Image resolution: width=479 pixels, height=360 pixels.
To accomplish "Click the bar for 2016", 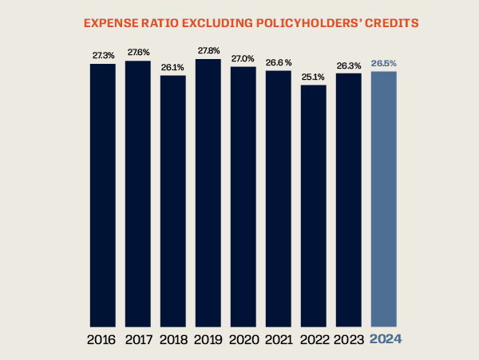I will click(102, 196).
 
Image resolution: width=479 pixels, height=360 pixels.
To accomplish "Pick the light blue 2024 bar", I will click(384, 200).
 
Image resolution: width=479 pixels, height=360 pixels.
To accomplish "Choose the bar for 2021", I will click(278, 199).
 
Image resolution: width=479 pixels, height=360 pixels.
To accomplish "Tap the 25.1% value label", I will click(313, 78).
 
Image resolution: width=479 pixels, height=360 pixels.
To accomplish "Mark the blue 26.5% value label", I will click(384, 64).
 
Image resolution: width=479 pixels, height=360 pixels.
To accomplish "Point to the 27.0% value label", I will click(243, 59).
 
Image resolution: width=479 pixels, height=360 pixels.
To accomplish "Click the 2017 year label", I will click(137, 339).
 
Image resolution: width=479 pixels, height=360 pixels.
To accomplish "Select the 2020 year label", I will click(243, 339).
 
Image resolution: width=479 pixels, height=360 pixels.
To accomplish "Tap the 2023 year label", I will click(348, 339).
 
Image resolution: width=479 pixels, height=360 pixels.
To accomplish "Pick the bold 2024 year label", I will click(385, 339).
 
